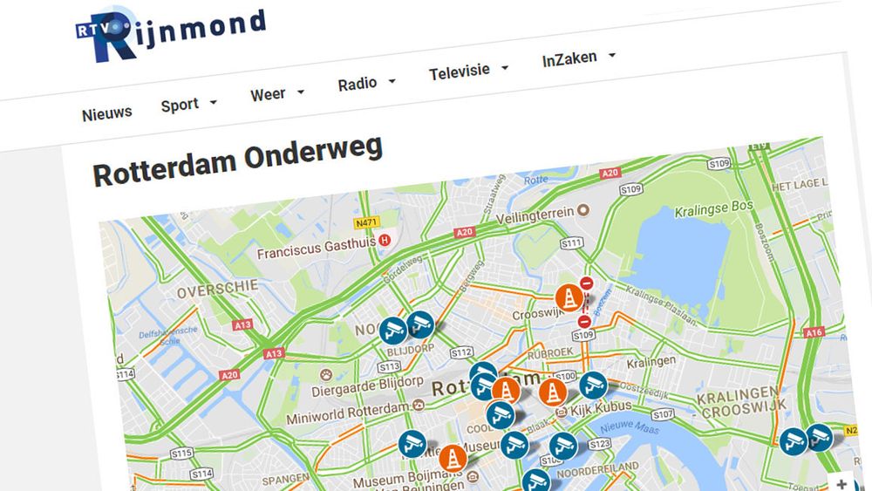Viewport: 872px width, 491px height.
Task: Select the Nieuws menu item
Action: (x=107, y=113)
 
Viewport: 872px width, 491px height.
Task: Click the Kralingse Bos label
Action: (x=714, y=210)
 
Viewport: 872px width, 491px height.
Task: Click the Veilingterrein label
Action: (x=535, y=212)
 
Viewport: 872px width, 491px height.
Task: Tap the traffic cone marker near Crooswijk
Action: (x=569, y=297)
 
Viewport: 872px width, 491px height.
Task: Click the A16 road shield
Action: (x=814, y=331)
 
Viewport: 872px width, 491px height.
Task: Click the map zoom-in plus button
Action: (x=841, y=483)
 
